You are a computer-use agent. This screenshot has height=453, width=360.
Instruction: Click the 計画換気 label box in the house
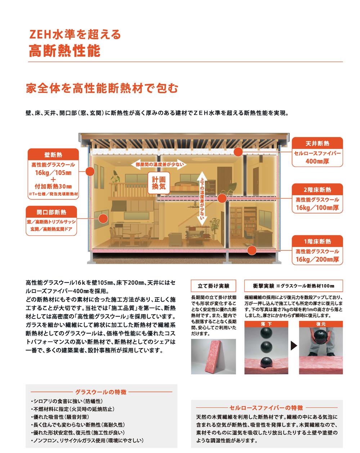tap(158, 183)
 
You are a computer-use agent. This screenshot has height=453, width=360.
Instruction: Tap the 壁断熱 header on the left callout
tap(53, 155)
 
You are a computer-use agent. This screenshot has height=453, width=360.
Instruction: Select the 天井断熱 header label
tap(317, 143)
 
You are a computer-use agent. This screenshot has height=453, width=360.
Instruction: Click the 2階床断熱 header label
tap(317, 190)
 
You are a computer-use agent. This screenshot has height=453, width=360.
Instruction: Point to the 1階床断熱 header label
tap(317, 241)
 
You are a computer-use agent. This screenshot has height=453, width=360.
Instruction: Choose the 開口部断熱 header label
tap(51, 212)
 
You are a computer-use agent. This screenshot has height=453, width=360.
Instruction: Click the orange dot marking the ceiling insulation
tap(238, 152)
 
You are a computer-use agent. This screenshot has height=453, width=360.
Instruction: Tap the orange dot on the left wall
tap(90, 172)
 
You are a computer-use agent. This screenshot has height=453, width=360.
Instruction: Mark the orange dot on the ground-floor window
tap(103, 218)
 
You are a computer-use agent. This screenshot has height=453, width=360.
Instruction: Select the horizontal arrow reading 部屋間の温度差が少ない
tap(159, 164)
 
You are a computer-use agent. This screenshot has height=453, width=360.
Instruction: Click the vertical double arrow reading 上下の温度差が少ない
tap(202, 199)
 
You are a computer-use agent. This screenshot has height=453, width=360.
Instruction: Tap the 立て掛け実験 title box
tap(213, 286)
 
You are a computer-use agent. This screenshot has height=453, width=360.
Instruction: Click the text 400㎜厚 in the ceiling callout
tap(317, 162)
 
